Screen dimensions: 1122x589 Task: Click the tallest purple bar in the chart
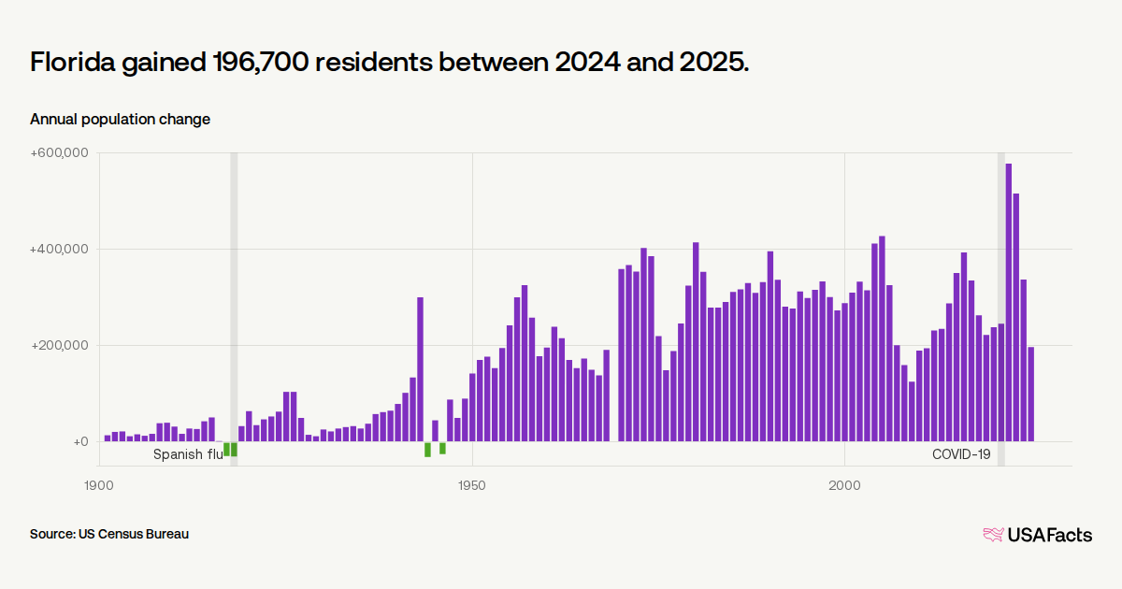coord(1008,303)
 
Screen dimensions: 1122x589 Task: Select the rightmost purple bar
coord(1030,395)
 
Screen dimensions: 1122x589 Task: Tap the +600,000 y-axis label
coord(59,152)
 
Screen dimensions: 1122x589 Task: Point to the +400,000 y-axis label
coord(59,249)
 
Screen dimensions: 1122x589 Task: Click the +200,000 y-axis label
coord(59,345)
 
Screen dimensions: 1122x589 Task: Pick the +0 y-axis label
coord(80,441)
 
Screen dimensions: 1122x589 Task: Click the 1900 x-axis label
coord(99,485)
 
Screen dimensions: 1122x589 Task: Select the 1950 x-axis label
coord(472,485)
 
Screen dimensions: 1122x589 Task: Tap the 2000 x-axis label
coord(844,485)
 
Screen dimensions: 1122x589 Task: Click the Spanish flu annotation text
coord(188,454)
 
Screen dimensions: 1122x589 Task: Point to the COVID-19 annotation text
coord(961,454)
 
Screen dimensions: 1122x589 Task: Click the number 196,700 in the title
coord(261,62)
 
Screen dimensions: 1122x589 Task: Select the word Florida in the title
coord(73,62)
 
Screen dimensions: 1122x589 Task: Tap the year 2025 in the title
coord(713,62)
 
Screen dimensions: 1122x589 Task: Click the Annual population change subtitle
coord(121,120)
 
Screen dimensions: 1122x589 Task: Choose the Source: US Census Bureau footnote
coord(109,534)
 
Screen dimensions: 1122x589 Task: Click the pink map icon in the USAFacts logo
coord(993,535)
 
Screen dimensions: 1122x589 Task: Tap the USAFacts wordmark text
coord(1050,535)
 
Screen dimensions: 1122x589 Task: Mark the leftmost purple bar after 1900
coord(108,438)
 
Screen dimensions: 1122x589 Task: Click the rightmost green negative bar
coord(442,448)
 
